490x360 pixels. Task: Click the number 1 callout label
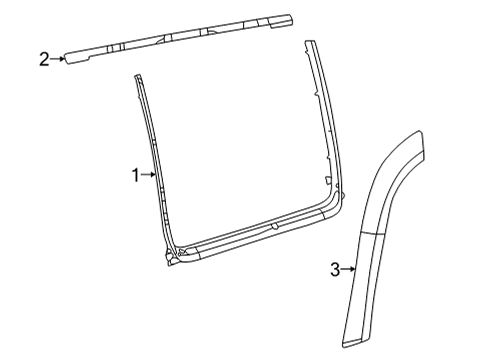click(x=134, y=175)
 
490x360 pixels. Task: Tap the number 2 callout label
click(x=44, y=60)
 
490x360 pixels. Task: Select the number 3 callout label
click(x=336, y=268)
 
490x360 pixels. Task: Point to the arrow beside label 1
click(x=149, y=175)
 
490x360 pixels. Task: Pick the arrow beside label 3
click(x=350, y=268)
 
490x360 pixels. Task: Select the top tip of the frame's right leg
click(x=309, y=42)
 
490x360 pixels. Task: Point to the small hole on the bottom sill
click(x=273, y=226)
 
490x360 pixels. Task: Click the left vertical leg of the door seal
click(x=150, y=170)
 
